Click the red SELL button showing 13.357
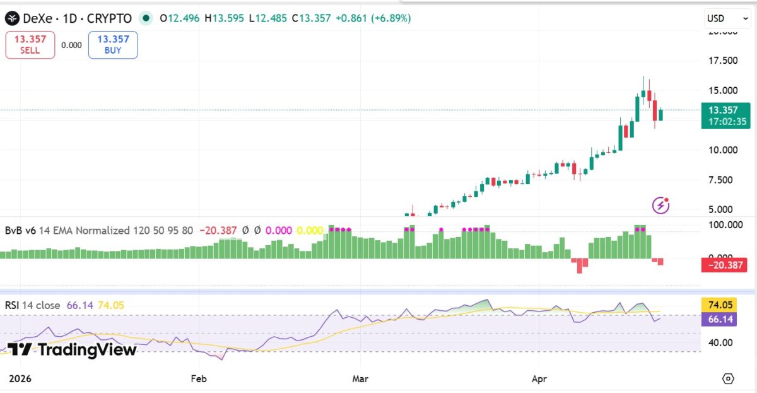30,45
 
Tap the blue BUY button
113,45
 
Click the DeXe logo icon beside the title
12,18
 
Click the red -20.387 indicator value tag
725,266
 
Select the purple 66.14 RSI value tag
719,319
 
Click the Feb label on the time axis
199,378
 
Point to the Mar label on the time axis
360,378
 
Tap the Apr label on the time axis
539,378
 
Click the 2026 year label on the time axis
20,378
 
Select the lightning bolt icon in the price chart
660,205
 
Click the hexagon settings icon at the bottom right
728,378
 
